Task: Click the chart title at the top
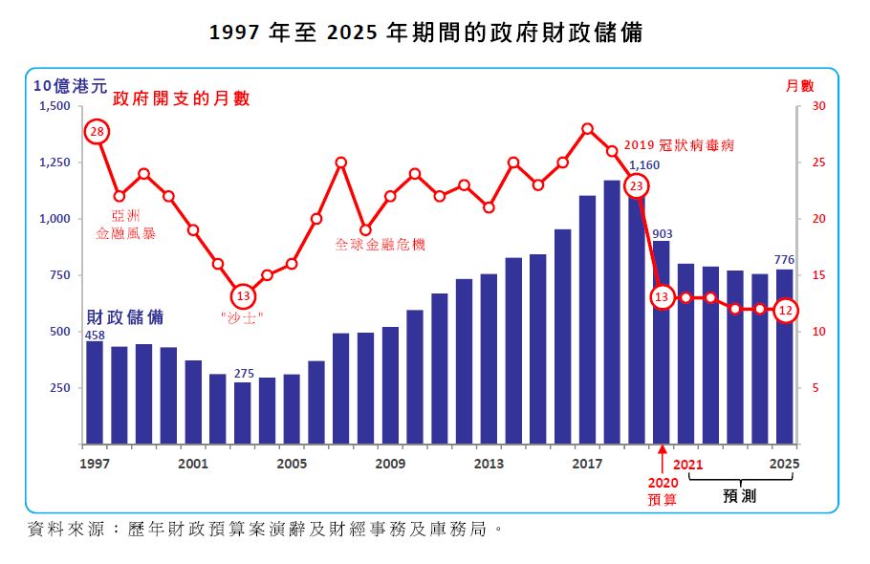425,33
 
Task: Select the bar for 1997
95,392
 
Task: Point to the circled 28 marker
96,132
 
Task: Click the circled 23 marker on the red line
638,186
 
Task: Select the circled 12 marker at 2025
785,310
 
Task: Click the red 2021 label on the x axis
688,465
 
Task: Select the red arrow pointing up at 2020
662,457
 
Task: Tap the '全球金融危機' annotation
380,244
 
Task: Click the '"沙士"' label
243,317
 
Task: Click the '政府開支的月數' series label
181,98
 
